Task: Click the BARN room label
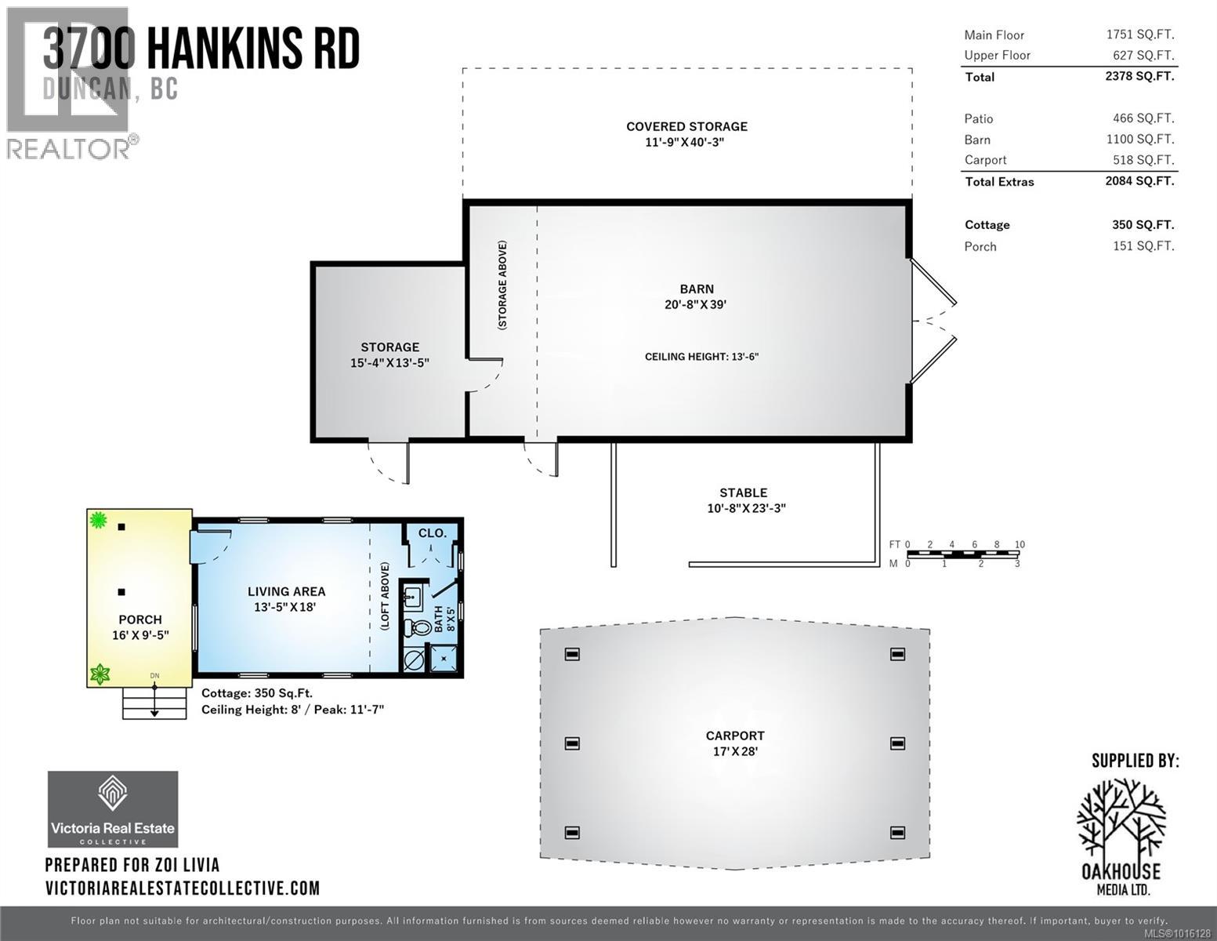pos(696,289)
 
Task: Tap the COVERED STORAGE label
pos(686,127)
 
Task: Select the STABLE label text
pos(743,493)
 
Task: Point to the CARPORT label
pos(734,736)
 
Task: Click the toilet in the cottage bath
pos(415,627)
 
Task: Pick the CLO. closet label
pos(432,533)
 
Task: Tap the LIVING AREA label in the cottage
pos(286,592)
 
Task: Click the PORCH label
pos(140,620)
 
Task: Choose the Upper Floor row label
pos(997,56)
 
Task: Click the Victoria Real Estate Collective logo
pos(113,808)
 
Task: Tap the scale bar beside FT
pos(963,554)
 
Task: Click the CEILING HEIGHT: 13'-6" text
pos(701,357)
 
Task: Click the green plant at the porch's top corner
pos(98,519)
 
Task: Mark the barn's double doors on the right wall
pos(934,321)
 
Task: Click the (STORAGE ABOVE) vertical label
pos(502,284)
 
